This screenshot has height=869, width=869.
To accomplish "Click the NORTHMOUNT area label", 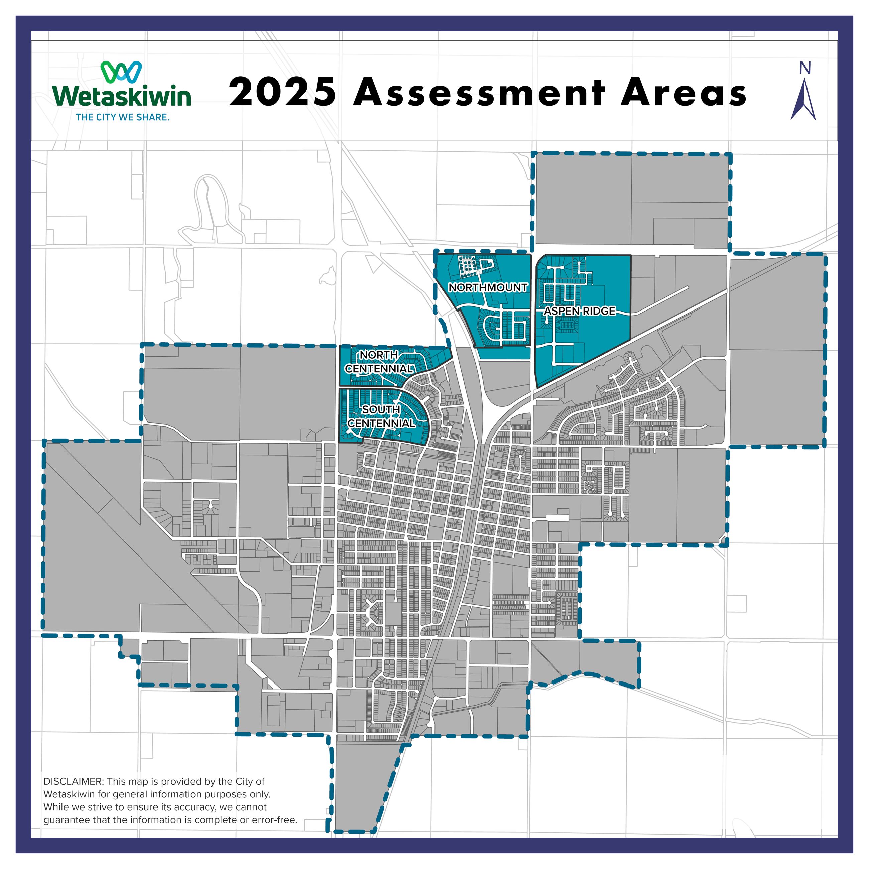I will coord(488,287).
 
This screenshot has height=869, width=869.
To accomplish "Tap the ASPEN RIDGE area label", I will coord(579,311).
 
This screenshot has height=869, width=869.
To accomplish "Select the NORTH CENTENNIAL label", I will coord(379,362).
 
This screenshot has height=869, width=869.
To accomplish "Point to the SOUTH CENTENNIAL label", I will coord(381,416).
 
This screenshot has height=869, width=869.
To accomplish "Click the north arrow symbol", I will coord(803,100).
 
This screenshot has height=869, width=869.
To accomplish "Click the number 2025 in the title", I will coord(282,93).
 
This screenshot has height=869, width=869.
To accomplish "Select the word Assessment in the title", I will coord(479,93).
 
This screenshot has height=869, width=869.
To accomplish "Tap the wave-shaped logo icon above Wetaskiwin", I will coord(121,72).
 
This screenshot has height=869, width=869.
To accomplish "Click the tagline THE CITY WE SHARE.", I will coord(122,117).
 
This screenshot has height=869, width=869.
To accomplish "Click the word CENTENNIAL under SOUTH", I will coord(381,423).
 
